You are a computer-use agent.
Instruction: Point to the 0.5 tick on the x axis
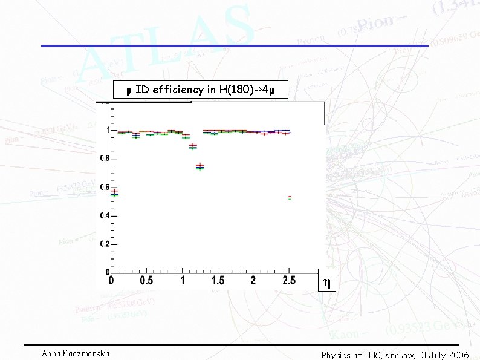click(146, 281)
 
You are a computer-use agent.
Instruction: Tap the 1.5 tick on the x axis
click(218, 281)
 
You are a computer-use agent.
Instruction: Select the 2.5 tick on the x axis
click(289, 281)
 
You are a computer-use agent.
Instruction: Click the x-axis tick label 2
click(253, 281)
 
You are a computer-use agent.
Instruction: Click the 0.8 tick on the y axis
click(105, 159)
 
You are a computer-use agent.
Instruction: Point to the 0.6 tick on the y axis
click(105, 187)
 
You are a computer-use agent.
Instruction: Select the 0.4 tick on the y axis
click(105, 215)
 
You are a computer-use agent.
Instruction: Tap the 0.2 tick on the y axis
click(105, 244)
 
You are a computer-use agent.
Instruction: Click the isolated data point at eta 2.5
click(290, 197)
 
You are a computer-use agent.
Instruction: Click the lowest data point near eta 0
click(115, 194)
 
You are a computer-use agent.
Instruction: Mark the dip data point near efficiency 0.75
click(199, 167)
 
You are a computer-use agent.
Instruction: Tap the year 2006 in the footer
click(458, 355)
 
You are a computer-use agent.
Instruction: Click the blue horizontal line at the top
click(235, 46)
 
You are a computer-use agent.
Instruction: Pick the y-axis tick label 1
click(108, 130)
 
